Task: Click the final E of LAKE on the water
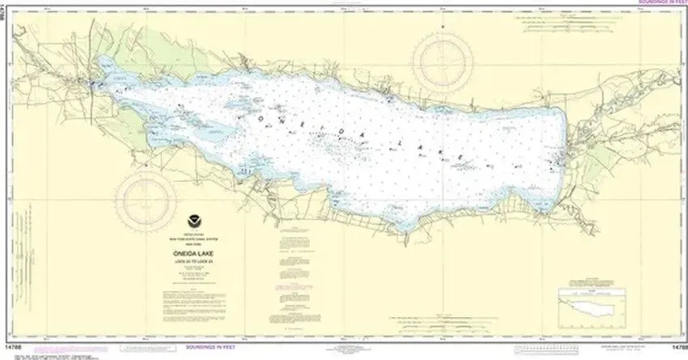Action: (x=459, y=155)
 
